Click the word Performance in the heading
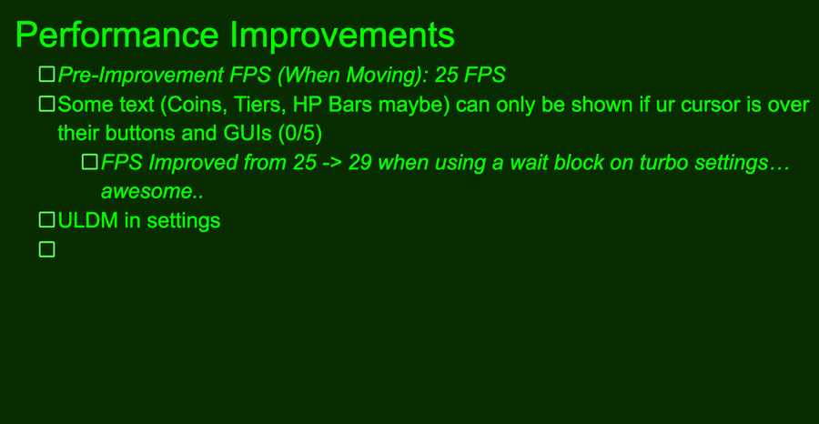[x=117, y=35]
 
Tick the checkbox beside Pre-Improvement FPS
[x=47, y=74]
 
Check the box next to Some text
[x=47, y=104]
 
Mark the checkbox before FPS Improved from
[x=90, y=162]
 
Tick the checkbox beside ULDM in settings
[x=47, y=220]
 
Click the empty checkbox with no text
[x=47, y=249]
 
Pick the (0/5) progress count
[x=300, y=134]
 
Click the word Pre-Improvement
[x=141, y=76]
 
